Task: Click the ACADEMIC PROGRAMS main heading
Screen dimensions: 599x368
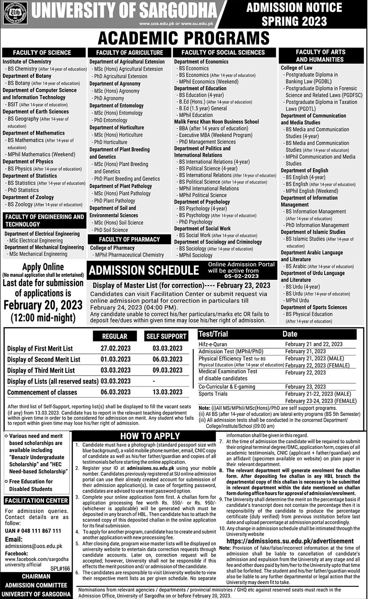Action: click(184, 38)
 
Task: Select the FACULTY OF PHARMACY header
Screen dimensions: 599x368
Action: click(129, 239)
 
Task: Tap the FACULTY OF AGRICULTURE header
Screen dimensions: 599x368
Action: click(129, 53)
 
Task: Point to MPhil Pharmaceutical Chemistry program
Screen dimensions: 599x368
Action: click(129, 255)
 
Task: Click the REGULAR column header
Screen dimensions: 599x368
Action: click(115, 336)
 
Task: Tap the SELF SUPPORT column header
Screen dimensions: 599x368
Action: click(166, 336)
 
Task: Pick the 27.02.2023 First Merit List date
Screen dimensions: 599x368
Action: click(116, 348)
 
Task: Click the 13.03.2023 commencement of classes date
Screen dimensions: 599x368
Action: click(167, 392)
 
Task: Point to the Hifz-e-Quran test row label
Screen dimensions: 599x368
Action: click(213, 344)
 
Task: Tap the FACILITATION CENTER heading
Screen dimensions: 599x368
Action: click(37, 501)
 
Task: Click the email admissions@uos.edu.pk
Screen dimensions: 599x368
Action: click(34, 546)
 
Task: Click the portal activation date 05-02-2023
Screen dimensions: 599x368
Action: click(233, 276)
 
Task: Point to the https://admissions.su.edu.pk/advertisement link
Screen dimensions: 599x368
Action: click(290, 541)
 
